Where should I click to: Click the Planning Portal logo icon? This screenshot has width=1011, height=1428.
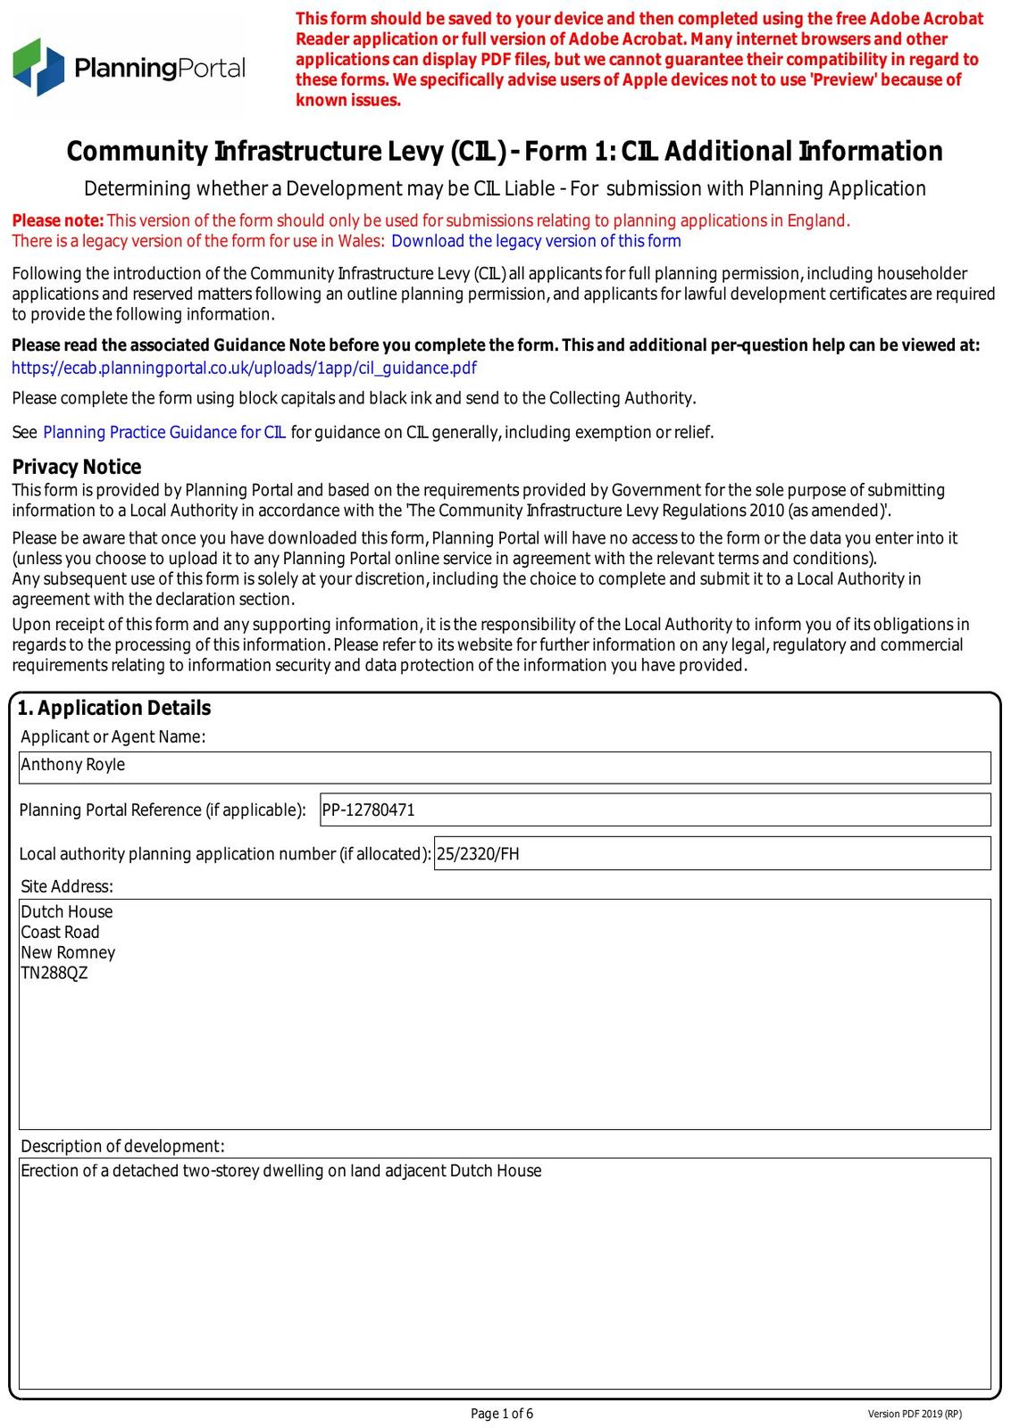coord(38,67)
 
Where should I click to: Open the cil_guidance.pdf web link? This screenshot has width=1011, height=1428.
coord(244,368)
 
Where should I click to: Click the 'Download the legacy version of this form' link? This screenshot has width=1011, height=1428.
coord(536,241)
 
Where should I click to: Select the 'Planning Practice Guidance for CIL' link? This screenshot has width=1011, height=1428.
coord(164,433)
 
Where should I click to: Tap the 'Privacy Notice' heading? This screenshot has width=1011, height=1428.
coord(77,467)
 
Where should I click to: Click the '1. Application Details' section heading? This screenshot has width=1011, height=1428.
coord(114,708)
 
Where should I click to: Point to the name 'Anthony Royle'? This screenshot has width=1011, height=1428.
coord(73,765)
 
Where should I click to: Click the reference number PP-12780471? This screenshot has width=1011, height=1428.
coord(369,810)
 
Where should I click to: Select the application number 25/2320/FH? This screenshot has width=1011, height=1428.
coord(478,854)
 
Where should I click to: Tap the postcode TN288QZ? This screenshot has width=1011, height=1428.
coord(54,974)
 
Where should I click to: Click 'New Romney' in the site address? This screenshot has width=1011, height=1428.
coord(68,953)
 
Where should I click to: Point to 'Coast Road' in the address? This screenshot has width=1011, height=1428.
coord(60,933)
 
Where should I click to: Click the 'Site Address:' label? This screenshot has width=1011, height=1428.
coord(67,886)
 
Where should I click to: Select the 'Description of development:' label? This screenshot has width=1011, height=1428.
coord(122,1146)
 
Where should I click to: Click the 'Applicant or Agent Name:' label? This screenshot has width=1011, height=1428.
coord(113,736)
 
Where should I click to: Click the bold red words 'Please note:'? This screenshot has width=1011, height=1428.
coord(58,220)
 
